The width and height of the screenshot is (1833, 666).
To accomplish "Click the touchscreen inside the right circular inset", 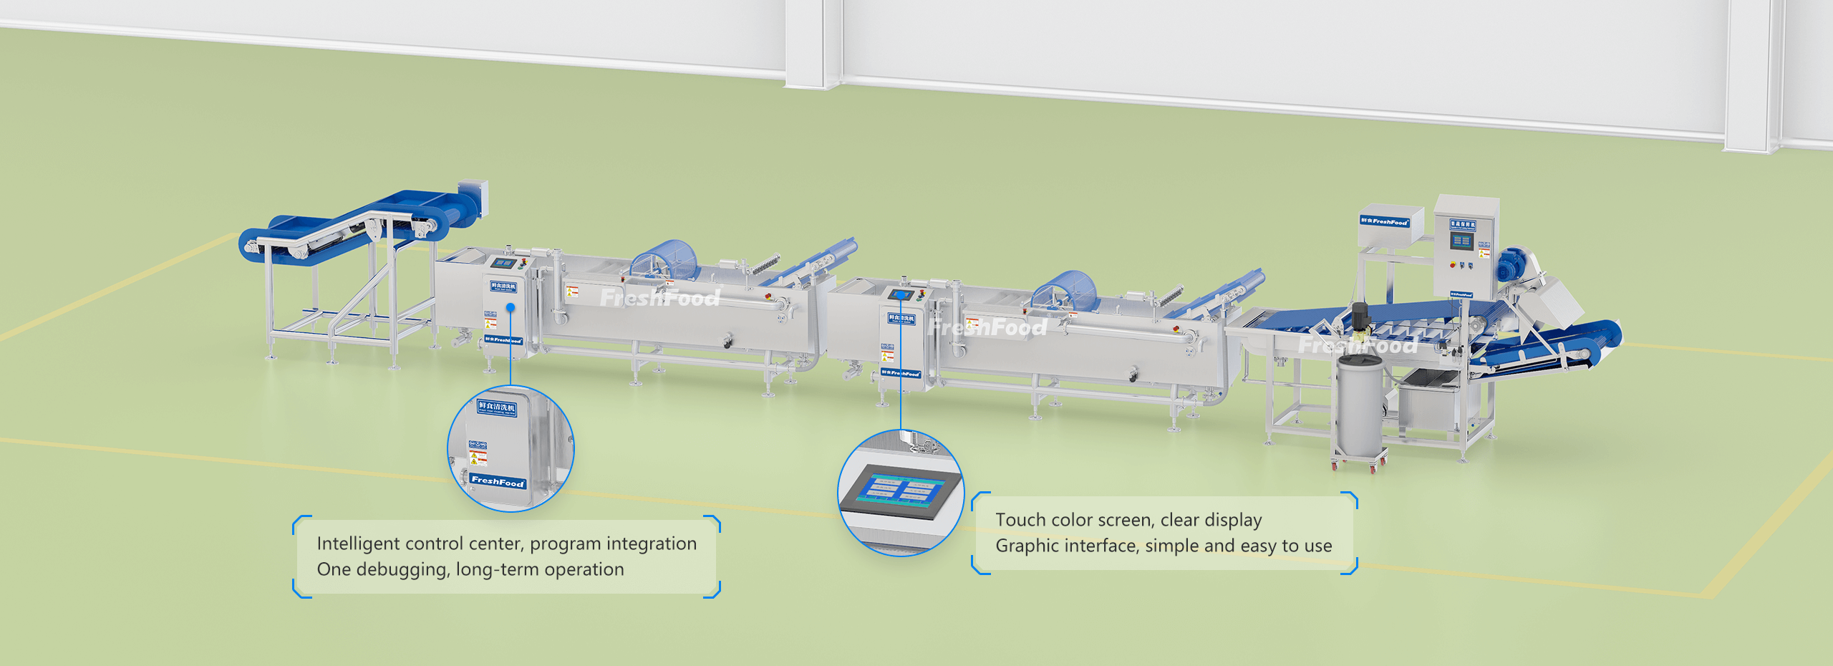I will click(901, 491).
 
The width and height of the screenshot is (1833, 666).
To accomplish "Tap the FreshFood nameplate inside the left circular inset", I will click(498, 481).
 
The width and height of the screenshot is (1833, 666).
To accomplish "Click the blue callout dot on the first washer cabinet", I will click(511, 307).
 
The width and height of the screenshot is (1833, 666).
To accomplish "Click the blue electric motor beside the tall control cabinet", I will click(1511, 265).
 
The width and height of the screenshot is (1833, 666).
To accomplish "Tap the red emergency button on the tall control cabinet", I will click(1452, 265).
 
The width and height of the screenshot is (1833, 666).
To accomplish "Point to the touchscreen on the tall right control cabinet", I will click(1461, 241).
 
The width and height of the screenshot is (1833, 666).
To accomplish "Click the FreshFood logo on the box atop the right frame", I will click(1384, 221).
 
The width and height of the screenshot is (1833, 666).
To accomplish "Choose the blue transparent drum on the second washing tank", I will click(1069, 289).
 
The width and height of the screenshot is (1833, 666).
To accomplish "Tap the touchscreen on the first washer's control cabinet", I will click(503, 263).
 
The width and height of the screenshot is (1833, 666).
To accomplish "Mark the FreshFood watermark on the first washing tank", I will click(659, 297).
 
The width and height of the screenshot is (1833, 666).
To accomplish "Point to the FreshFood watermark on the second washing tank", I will click(987, 328).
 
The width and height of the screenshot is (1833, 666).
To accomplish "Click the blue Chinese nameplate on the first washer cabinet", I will click(503, 286).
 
